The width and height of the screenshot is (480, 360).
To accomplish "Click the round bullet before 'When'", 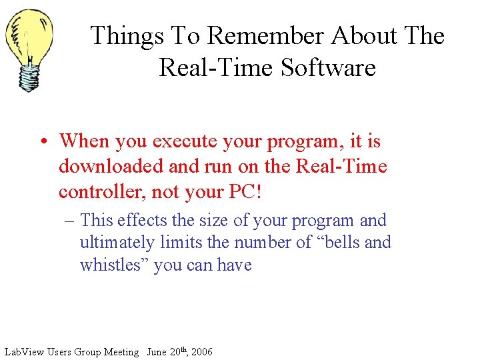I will point(43,142).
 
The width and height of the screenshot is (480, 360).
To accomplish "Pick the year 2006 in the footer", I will point(200,352).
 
